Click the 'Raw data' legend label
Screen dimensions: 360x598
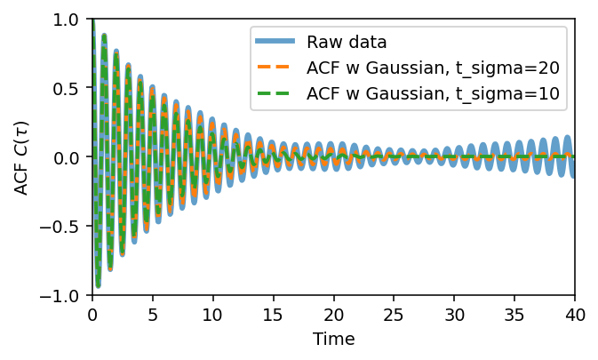347,42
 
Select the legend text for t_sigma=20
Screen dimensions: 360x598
432,68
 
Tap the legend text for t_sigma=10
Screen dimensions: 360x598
432,93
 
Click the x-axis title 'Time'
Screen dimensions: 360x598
333,340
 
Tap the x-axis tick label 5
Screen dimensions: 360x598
152,314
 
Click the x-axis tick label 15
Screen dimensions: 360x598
273,314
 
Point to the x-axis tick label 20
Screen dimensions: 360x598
333,314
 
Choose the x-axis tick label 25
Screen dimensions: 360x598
394,314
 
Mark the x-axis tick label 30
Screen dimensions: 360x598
454,314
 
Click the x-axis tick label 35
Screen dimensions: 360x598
514,314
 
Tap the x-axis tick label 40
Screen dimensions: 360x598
575,314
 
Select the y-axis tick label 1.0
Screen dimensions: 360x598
68,20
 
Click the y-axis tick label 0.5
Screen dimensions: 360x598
68,88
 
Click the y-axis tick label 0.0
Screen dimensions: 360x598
68,157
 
